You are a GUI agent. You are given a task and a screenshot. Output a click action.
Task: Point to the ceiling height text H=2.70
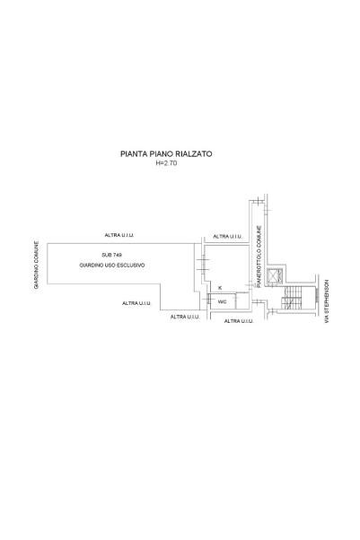point(167,163)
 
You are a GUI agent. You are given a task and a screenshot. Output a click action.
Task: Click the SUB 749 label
point(111,255)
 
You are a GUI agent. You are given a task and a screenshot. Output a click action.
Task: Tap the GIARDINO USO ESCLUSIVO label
point(112,266)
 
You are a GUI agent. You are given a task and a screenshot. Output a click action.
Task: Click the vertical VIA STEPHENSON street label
point(327,301)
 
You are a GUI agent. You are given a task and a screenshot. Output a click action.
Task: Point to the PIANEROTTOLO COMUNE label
point(259,257)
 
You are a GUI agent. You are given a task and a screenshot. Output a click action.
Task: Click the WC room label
point(222,301)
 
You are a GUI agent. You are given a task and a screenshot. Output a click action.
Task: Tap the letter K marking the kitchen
point(220,288)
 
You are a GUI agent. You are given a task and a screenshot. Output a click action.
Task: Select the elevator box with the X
point(274,275)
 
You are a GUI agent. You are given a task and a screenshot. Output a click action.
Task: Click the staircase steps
point(292,298)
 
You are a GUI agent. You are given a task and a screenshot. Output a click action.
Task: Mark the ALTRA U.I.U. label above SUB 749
point(119,235)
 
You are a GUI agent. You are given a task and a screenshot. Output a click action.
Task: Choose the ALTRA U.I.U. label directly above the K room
point(228,237)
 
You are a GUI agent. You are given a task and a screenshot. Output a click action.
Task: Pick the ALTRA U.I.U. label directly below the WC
point(239,321)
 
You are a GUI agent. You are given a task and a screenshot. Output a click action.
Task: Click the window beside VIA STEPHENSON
point(315,298)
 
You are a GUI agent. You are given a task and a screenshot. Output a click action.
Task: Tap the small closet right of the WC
point(242,300)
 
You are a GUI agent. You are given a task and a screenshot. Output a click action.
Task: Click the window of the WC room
point(208,299)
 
